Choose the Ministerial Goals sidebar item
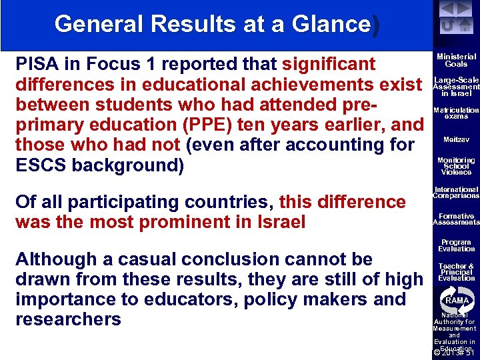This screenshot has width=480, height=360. click(456, 61)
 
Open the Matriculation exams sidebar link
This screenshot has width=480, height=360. click(456, 113)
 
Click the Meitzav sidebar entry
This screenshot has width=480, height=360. click(456, 139)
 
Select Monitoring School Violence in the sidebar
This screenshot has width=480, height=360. click(456, 166)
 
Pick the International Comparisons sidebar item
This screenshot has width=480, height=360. click(456, 193)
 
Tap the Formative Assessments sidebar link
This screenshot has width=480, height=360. click(456, 219)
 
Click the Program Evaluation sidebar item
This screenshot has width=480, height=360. click(456, 245)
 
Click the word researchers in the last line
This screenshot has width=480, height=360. click(68, 319)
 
